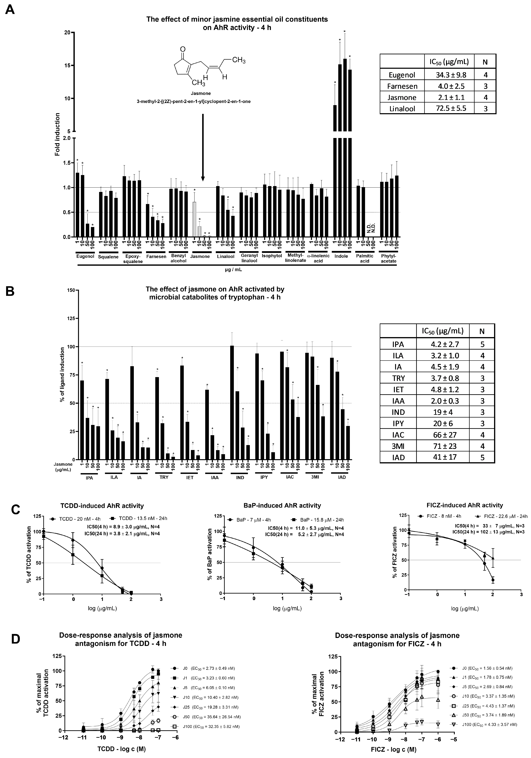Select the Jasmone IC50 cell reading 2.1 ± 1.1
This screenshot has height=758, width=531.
pos(450,97)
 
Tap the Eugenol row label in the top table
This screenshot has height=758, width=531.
pos(402,75)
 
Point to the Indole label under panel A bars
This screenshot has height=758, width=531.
pos(341,256)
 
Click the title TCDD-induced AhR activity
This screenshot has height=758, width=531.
pos(102,506)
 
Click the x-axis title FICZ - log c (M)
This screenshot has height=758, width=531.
pos(393,749)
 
